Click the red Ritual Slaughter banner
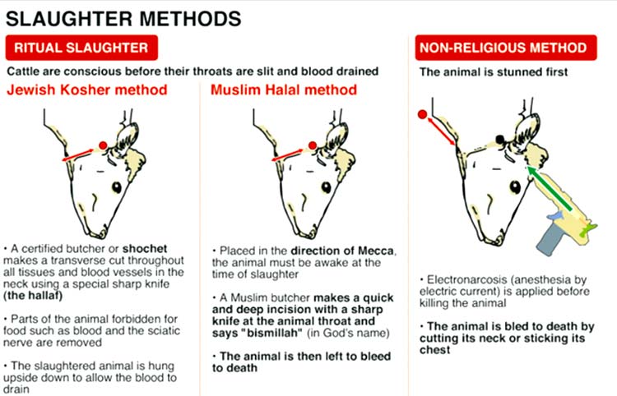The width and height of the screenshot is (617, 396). point(81,48)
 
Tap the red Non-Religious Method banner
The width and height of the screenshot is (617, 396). point(506,48)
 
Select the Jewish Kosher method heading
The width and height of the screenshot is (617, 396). point(87,90)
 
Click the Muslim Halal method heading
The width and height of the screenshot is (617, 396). point(284,90)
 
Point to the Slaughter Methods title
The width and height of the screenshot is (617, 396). point(123,19)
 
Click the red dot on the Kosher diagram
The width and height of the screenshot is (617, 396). point(103,145)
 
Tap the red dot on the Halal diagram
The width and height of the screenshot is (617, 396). point(313,145)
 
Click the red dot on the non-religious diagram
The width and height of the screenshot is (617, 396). point(422,114)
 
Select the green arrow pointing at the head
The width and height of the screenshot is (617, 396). point(549,188)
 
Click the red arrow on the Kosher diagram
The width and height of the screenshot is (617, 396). point(78,154)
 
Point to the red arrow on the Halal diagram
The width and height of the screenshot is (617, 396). point(288,154)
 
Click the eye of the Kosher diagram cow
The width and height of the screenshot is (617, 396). point(117,187)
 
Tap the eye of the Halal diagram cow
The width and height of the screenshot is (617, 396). point(327,187)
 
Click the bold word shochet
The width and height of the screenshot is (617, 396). point(145,249)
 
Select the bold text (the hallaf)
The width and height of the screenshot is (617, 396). point(33,296)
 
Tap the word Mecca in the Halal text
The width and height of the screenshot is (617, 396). point(376,251)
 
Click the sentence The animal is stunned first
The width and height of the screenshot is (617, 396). point(493,72)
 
